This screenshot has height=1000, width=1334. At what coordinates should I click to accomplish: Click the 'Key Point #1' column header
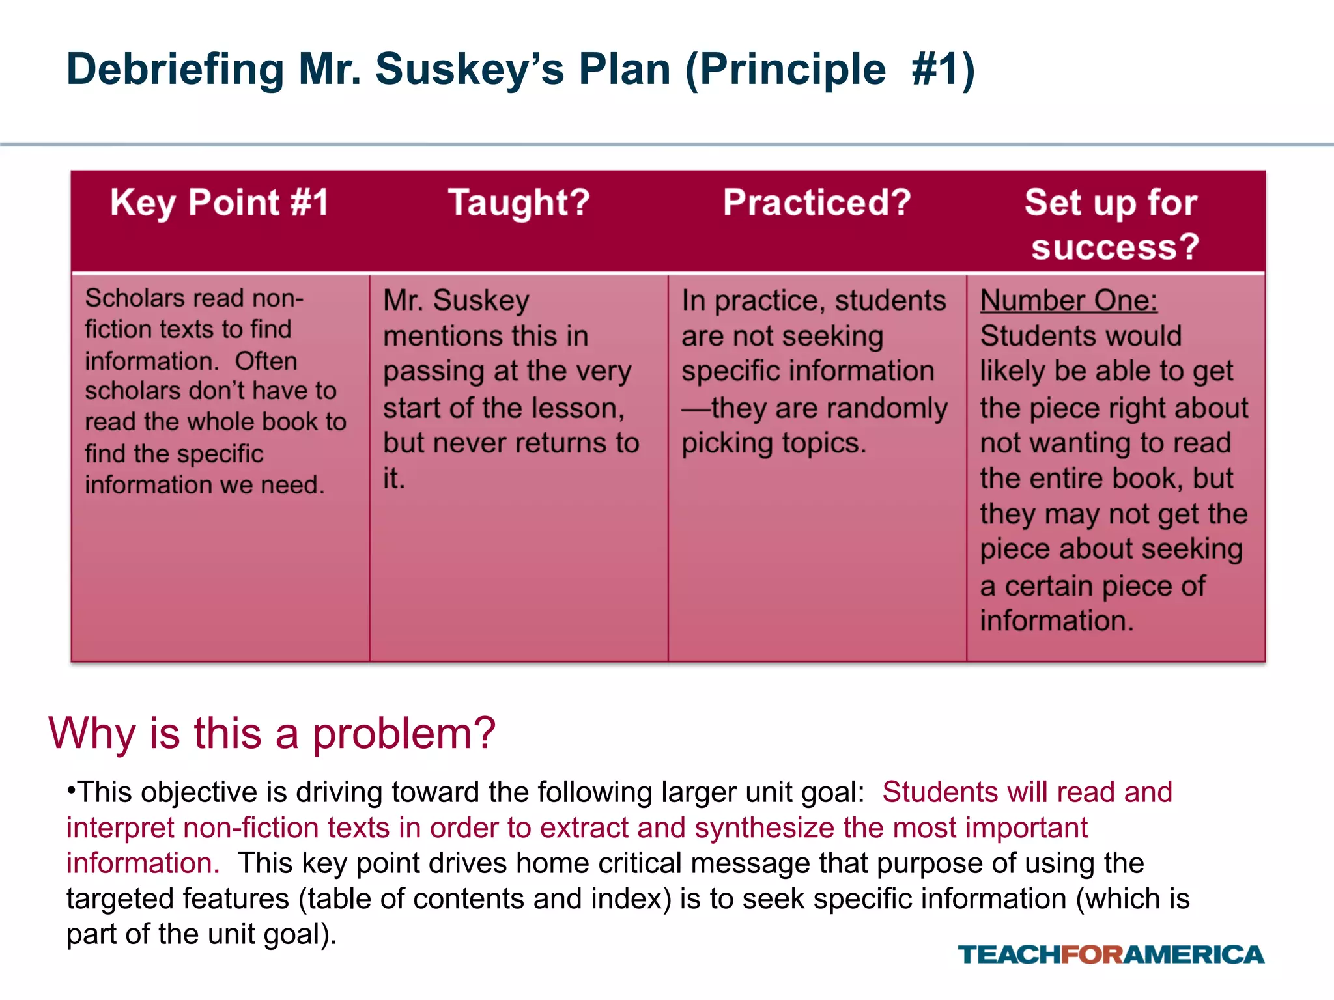pos(220,202)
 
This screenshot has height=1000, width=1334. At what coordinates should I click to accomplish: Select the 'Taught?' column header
pos(519,202)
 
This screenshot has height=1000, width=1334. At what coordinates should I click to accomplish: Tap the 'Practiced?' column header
pos(817,202)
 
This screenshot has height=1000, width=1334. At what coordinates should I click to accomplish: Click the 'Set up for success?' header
pos(1113,225)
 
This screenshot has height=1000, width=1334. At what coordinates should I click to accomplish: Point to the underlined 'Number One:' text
pos(1068,301)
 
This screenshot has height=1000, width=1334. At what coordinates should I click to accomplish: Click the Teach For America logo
pos(1111,954)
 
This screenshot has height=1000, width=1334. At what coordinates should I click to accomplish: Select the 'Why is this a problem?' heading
pos(272,733)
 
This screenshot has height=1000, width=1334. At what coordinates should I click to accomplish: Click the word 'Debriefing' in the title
pos(175,70)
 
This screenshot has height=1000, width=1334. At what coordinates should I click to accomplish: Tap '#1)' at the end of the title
pos(943,70)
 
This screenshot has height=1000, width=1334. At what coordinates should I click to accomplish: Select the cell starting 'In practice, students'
pos(814,372)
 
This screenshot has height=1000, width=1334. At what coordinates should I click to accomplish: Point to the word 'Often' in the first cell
pos(266,361)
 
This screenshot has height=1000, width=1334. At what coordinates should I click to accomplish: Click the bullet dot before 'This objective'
pos(70,789)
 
